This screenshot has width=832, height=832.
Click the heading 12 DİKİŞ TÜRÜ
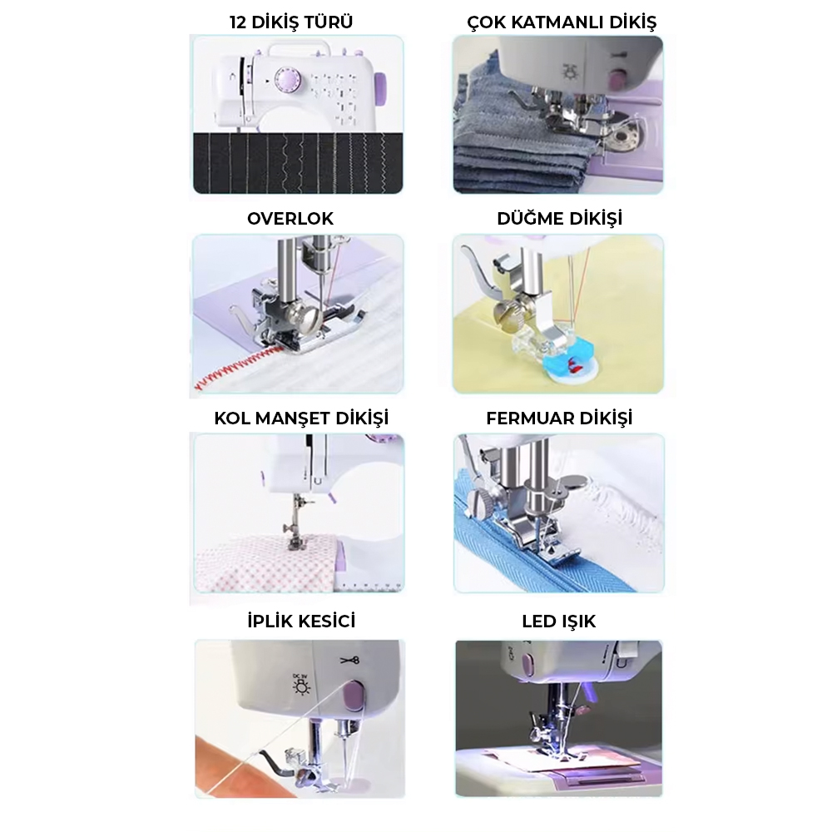(x=290, y=22)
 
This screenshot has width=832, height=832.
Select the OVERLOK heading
(x=290, y=219)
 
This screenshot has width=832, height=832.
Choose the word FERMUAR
(x=530, y=418)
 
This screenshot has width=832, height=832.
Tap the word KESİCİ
(x=329, y=621)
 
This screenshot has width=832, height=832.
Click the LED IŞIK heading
(x=559, y=622)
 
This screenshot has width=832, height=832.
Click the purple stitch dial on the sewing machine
(x=287, y=80)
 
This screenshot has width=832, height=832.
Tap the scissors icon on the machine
(x=349, y=660)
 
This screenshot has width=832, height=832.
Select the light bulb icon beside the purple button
(x=303, y=685)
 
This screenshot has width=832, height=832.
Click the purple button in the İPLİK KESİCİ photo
(x=353, y=696)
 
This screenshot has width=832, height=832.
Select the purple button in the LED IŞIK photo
(x=528, y=665)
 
